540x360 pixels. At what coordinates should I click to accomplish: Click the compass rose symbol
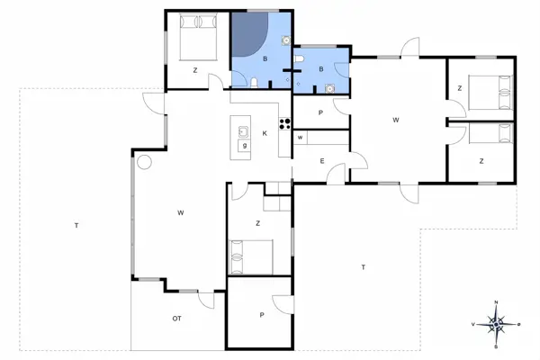pyautogui.click(x=498, y=321)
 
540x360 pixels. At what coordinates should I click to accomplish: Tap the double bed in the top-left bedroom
pyautogui.click(x=197, y=36)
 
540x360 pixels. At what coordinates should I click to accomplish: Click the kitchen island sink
pyautogui.click(x=243, y=131)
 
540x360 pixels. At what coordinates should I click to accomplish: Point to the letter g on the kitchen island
pyautogui.click(x=244, y=146)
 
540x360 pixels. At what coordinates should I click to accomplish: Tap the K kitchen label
pyautogui.click(x=265, y=134)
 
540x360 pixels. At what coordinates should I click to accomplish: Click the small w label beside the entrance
pyautogui.click(x=300, y=138)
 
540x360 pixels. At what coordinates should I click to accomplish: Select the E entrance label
pyautogui.click(x=321, y=161)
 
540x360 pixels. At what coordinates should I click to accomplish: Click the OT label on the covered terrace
pyautogui.click(x=177, y=319)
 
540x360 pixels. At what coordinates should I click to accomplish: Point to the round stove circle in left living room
pyautogui.click(x=142, y=163)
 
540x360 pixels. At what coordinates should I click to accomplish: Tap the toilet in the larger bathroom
pyautogui.click(x=257, y=82)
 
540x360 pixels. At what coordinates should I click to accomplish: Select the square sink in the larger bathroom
pyautogui.click(x=285, y=40)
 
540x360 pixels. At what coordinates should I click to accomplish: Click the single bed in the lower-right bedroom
pyautogui.click(x=491, y=133)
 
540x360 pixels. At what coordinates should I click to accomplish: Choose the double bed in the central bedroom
pyautogui.click(x=252, y=255)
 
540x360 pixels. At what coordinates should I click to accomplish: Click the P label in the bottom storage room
pyautogui.click(x=261, y=315)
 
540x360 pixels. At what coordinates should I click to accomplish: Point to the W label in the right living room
pyautogui.click(x=395, y=120)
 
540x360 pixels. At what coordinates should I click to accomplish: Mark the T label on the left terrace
pyautogui.click(x=76, y=225)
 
